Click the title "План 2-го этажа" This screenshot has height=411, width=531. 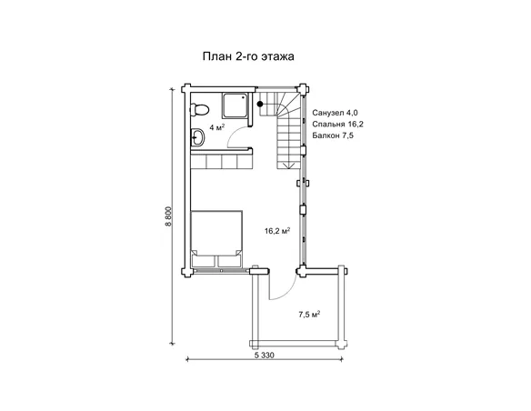click(248, 56)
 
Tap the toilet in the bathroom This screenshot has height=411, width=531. click(199, 110)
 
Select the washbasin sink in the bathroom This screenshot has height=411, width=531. click(197, 138)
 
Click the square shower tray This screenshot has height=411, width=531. click(235, 105)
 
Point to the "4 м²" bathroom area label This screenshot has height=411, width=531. click(217, 127)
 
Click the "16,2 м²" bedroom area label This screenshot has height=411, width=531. click(277, 231)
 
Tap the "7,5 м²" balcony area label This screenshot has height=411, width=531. click(309, 315)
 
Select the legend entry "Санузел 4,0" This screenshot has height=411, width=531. click(335, 113)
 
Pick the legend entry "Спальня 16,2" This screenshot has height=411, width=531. click(337, 125)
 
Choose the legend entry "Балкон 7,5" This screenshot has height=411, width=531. click(333, 135)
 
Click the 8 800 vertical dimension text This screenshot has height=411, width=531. click(169, 216)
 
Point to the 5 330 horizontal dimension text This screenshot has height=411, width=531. click(264, 356)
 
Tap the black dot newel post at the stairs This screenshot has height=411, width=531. click(260, 104)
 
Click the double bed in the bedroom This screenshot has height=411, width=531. click(216, 239)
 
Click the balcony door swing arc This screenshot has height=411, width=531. click(288, 292)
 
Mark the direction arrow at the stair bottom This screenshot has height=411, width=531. click(288, 165)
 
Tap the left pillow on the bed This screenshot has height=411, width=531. click(204, 261)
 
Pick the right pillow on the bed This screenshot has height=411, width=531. click(230, 261)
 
